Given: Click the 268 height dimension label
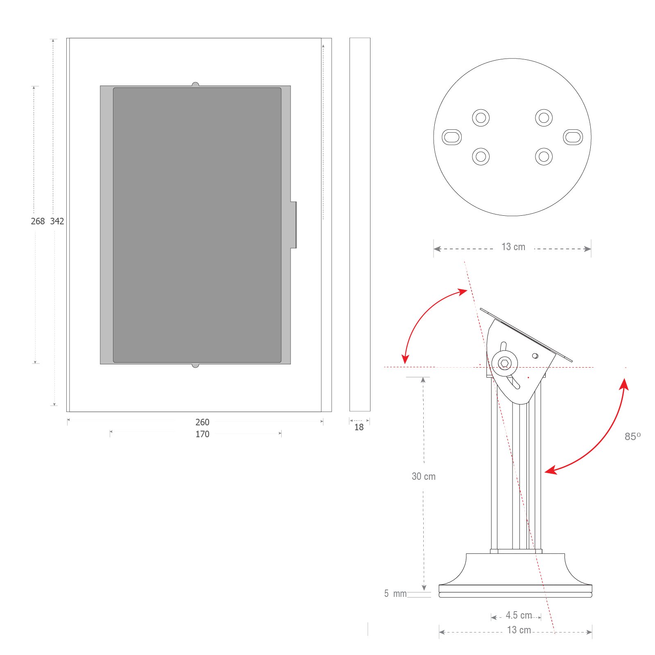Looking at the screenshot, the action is click(38, 221).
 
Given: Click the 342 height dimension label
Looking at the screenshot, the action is click(57, 221).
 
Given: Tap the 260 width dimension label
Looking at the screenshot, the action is click(202, 422).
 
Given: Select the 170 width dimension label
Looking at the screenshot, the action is click(202, 434).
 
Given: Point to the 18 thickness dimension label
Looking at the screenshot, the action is click(359, 427).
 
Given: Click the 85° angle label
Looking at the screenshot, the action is click(632, 437).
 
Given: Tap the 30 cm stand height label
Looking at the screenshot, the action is click(424, 477).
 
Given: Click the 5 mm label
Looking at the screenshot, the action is click(395, 594).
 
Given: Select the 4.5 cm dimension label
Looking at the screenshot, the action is click(519, 615).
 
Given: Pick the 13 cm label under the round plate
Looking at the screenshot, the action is click(513, 247).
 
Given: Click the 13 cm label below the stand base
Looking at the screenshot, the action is click(519, 630).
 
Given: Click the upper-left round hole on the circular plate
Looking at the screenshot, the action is click(481, 118).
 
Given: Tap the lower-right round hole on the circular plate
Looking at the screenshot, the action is click(544, 156).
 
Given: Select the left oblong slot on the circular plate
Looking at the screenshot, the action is click(452, 137).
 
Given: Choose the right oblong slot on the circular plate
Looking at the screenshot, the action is click(573, 137).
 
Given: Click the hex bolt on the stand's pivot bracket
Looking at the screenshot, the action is click(505, 363).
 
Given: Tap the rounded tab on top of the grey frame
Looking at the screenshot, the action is click(195, 84).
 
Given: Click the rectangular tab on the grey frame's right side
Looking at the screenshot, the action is click(294, 225).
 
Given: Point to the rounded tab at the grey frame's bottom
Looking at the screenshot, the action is click(195, 366).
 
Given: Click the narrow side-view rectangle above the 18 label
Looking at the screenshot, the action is click(360, 224).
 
